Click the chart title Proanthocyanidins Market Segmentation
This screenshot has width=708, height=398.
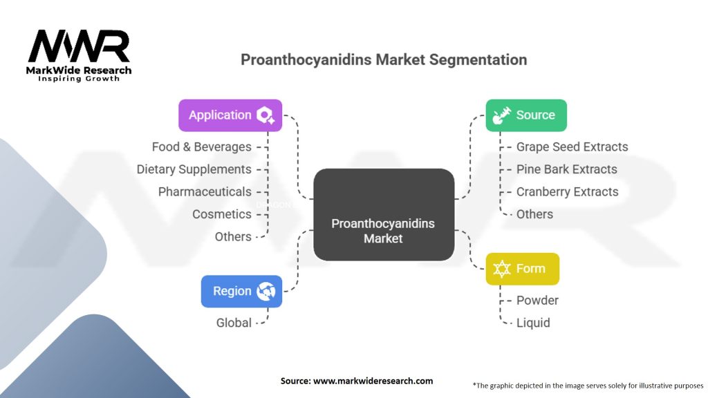pos(384,59)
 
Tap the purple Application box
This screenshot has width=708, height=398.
pos(230,115)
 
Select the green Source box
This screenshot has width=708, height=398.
pos(526,115)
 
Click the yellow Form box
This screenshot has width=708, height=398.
pos(522,269)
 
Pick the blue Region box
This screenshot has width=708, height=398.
pos(241,291)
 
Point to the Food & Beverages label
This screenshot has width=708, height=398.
pos(202,146)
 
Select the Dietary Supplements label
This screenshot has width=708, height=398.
pos(194,169)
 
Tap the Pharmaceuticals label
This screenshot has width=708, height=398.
pos(205,191)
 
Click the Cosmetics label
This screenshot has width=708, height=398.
pos(222,214)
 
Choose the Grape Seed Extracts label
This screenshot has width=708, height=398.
pos(572,146)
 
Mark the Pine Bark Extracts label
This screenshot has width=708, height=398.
pos(567,169)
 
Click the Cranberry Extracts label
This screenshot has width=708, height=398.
pos(568,191)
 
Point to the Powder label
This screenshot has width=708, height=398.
pos(537,300)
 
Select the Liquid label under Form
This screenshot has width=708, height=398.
pos(533,323)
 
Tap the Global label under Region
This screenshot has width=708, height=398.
pos(234,323)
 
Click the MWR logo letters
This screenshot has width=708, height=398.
pos(79,47)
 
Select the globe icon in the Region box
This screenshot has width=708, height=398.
pos(265,291)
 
